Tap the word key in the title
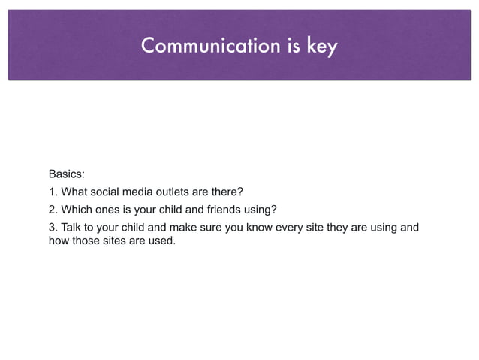pos(322,47)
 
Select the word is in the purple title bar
pos(294,47)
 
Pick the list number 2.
pos(53,209)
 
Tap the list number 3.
pos(53,227)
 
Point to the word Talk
pos(72,227)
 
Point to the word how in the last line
pos(59,241)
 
